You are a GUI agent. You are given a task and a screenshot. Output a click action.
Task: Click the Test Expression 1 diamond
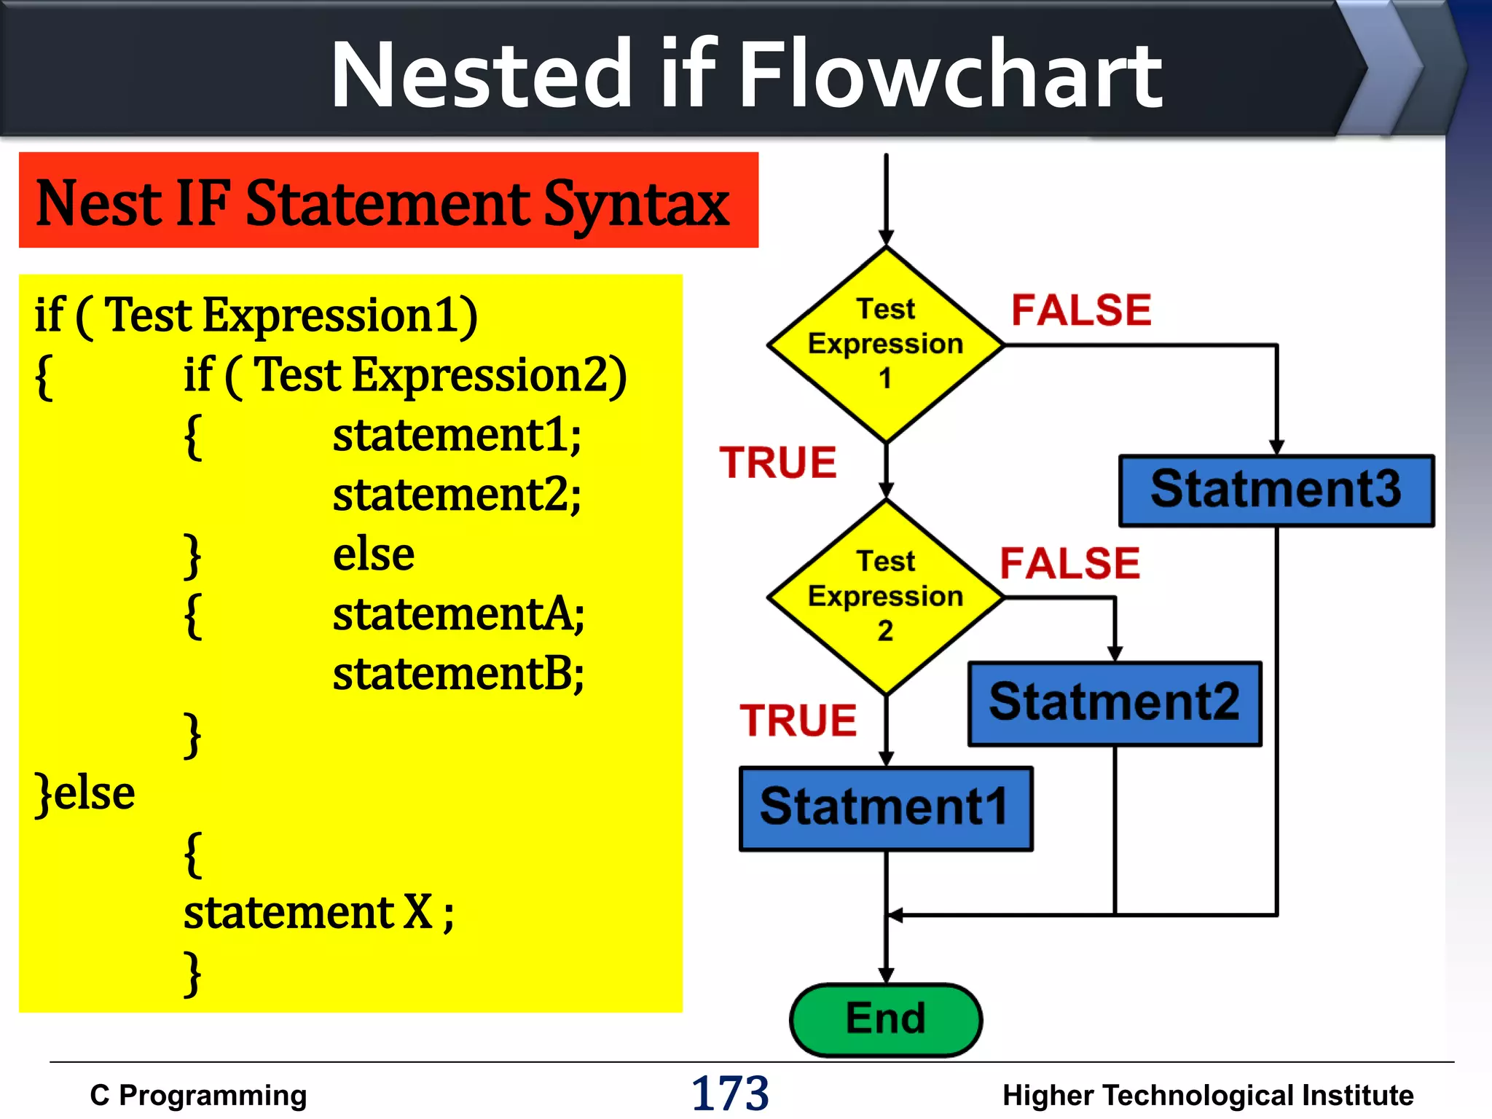885,344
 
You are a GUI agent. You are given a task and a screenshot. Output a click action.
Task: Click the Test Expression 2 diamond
885,597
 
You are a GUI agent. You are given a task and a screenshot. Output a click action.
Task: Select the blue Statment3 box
1276,490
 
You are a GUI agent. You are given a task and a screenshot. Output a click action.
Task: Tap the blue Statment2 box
1114,703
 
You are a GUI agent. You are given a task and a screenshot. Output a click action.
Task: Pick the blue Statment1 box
885,808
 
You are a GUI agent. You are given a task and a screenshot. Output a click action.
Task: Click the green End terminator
885,1019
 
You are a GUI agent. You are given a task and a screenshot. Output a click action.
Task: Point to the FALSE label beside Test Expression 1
1081,310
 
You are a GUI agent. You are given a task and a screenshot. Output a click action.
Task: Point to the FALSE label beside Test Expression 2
1069,563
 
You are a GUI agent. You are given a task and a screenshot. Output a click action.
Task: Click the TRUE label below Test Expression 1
778,463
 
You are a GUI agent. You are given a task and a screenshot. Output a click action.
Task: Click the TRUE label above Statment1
798,721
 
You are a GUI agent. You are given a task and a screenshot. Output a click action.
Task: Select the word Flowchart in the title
951,74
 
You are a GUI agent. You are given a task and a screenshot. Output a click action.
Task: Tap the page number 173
729,1094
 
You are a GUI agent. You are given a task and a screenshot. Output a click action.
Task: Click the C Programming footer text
198,1096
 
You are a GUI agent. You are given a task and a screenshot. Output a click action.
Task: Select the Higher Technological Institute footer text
1207,1096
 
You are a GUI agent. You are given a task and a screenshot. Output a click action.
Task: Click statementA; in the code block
458,614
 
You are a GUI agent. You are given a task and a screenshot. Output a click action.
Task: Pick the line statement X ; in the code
318,912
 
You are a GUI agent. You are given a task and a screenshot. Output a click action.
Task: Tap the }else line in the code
85,793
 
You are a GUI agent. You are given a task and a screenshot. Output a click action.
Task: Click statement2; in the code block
457,495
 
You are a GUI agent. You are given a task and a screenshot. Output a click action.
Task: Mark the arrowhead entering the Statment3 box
1276,447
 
